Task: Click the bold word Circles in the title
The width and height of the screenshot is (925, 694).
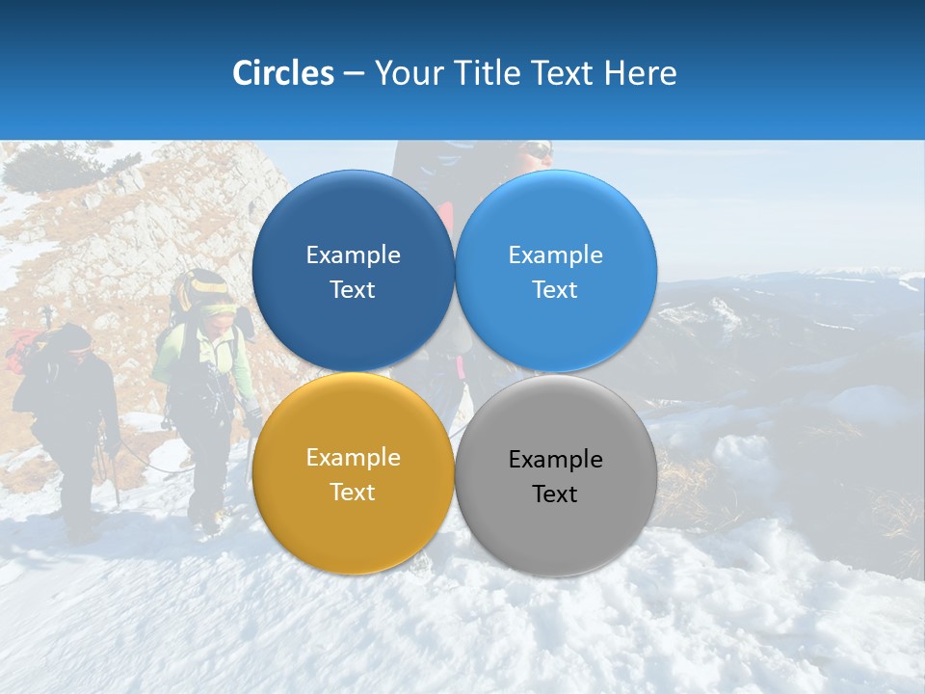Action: click(282, 73)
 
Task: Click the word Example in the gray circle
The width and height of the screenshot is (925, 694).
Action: click(555, 460)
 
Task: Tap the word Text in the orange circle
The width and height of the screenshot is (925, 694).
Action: click(353, 493)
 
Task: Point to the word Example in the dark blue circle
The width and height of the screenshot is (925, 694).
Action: click(353, 255)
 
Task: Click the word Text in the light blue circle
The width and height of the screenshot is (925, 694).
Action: click(555, 290)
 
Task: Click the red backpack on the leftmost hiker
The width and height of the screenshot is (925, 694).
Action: click(23, 349)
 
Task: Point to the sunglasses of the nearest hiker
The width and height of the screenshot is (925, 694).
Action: click(538, 151)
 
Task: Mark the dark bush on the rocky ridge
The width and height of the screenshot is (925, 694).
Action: click(43, 168)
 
